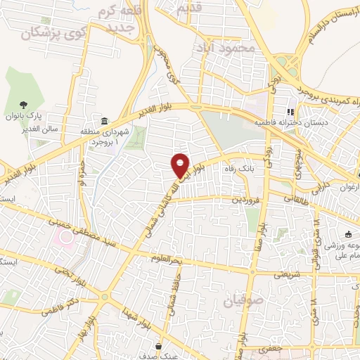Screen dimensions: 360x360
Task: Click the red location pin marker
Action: (x=181, y=164)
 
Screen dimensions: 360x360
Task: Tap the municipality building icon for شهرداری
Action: (x=104, y=122)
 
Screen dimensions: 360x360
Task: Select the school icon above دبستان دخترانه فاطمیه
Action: (x=288, y=112)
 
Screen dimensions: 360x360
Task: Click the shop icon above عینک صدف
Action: (x=161, y=347)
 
